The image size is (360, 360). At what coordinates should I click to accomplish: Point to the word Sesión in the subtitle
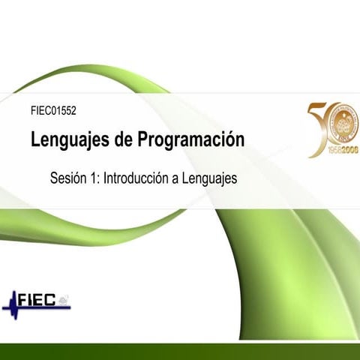(68, 179)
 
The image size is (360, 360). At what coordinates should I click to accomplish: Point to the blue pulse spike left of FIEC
(13, 302)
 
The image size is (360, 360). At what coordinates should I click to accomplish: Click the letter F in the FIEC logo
(24, 301)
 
